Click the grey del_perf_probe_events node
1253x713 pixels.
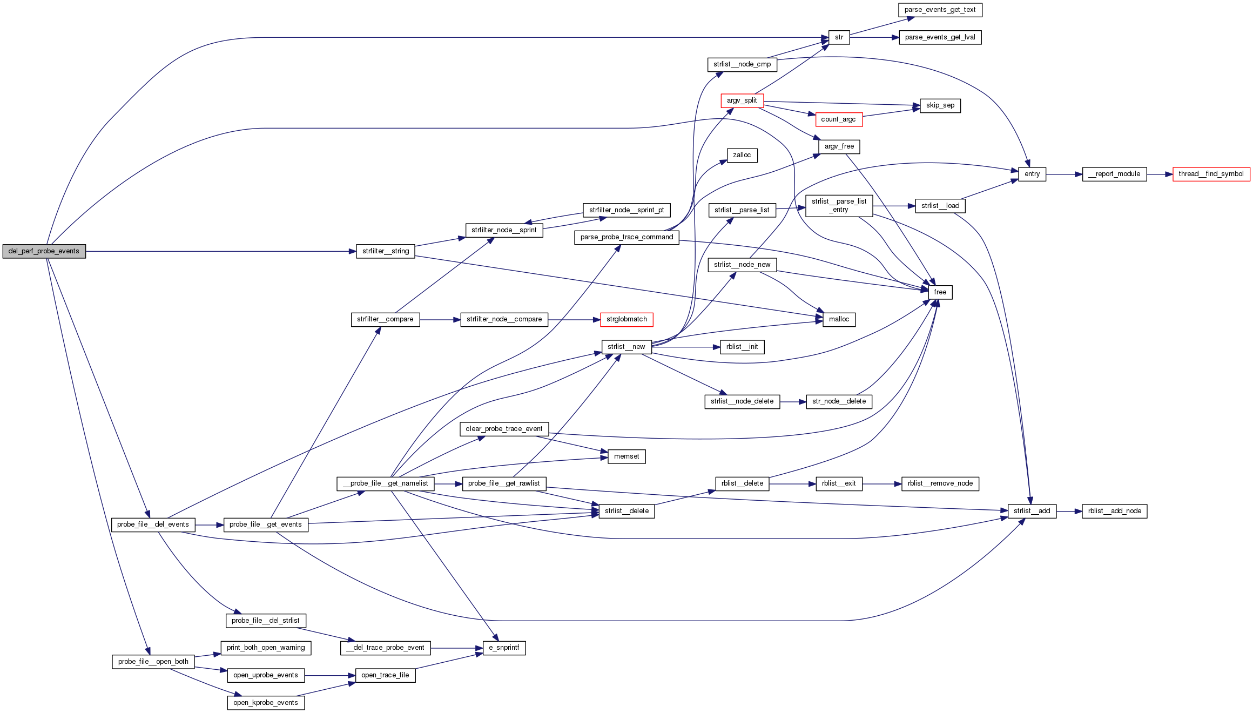pyautogui.click(x=44, y=251)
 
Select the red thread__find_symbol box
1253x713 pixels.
pyautogui.click(x=1211, y=174)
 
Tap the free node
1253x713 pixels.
pyautogui.click(x=940, y=292)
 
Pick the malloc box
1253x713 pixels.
pyautogui.click(x=839, y=319)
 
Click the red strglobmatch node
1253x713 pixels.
pyautogui.click(x=626, y=319)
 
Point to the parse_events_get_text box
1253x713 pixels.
pyautogui.click(x=940, y=10)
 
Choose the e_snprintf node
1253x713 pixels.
pyautogui.click(x=504, y=648)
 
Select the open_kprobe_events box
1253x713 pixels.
pyautogui.click(x=266, y=703)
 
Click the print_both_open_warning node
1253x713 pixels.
pyautogui.click(x=266, y=648)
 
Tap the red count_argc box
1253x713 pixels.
pyautogui.click(x=838, y=119)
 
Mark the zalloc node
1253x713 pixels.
pyautogui.click(x=742, y=155)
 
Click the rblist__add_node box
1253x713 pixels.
pyautogui.click(x=1114, y=511)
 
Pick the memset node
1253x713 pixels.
pyautogui.click(x=626, y=456)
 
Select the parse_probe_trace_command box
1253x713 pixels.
pyautogui.click(x=626, y=237)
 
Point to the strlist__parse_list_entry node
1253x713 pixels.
pyautogui.click(x=839, y=205)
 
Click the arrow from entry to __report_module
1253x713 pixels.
pyautogui.click(x=1064, y=174)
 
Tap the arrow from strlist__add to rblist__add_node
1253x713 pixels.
pyautogui.click(x=1069, y=511)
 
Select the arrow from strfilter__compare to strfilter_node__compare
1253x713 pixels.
pyautogui.click(x=440, y=320)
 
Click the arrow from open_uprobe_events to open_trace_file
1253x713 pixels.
pyautogui.click(x=330, y=675)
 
